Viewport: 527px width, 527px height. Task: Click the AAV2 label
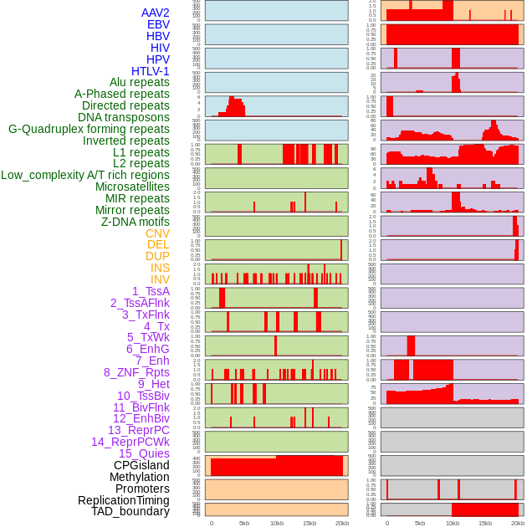[x=156, y=13]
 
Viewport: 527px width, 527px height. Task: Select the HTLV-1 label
[x=151, y=71]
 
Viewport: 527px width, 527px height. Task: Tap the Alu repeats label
[x=140, y=83]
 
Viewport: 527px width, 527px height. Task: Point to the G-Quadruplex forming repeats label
[x=89, y=129]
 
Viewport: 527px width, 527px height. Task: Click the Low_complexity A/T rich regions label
[x=85, y=175]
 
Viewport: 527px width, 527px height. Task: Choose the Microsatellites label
[x=132, y=187]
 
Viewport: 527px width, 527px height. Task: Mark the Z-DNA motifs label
[x=136, y=222]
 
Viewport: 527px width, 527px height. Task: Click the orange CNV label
[x=157, y=233]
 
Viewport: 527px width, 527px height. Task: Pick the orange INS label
[x=160, y=268]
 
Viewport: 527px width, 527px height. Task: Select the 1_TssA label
[x=151, y=291]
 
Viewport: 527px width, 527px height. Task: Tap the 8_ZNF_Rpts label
[x=136, y=372]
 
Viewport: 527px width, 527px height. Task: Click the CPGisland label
[x=141, y=465]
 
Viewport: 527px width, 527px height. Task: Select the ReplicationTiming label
[x=124, y=500]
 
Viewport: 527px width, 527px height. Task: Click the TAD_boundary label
[x=130, y=511]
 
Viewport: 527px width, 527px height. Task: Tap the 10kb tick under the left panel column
[x=277, y=523]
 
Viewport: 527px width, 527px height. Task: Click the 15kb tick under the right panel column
[x=485, y=523]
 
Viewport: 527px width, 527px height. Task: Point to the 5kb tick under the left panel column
[x=244, y=523]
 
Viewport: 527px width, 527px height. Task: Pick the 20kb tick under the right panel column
[x=518, y=523]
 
